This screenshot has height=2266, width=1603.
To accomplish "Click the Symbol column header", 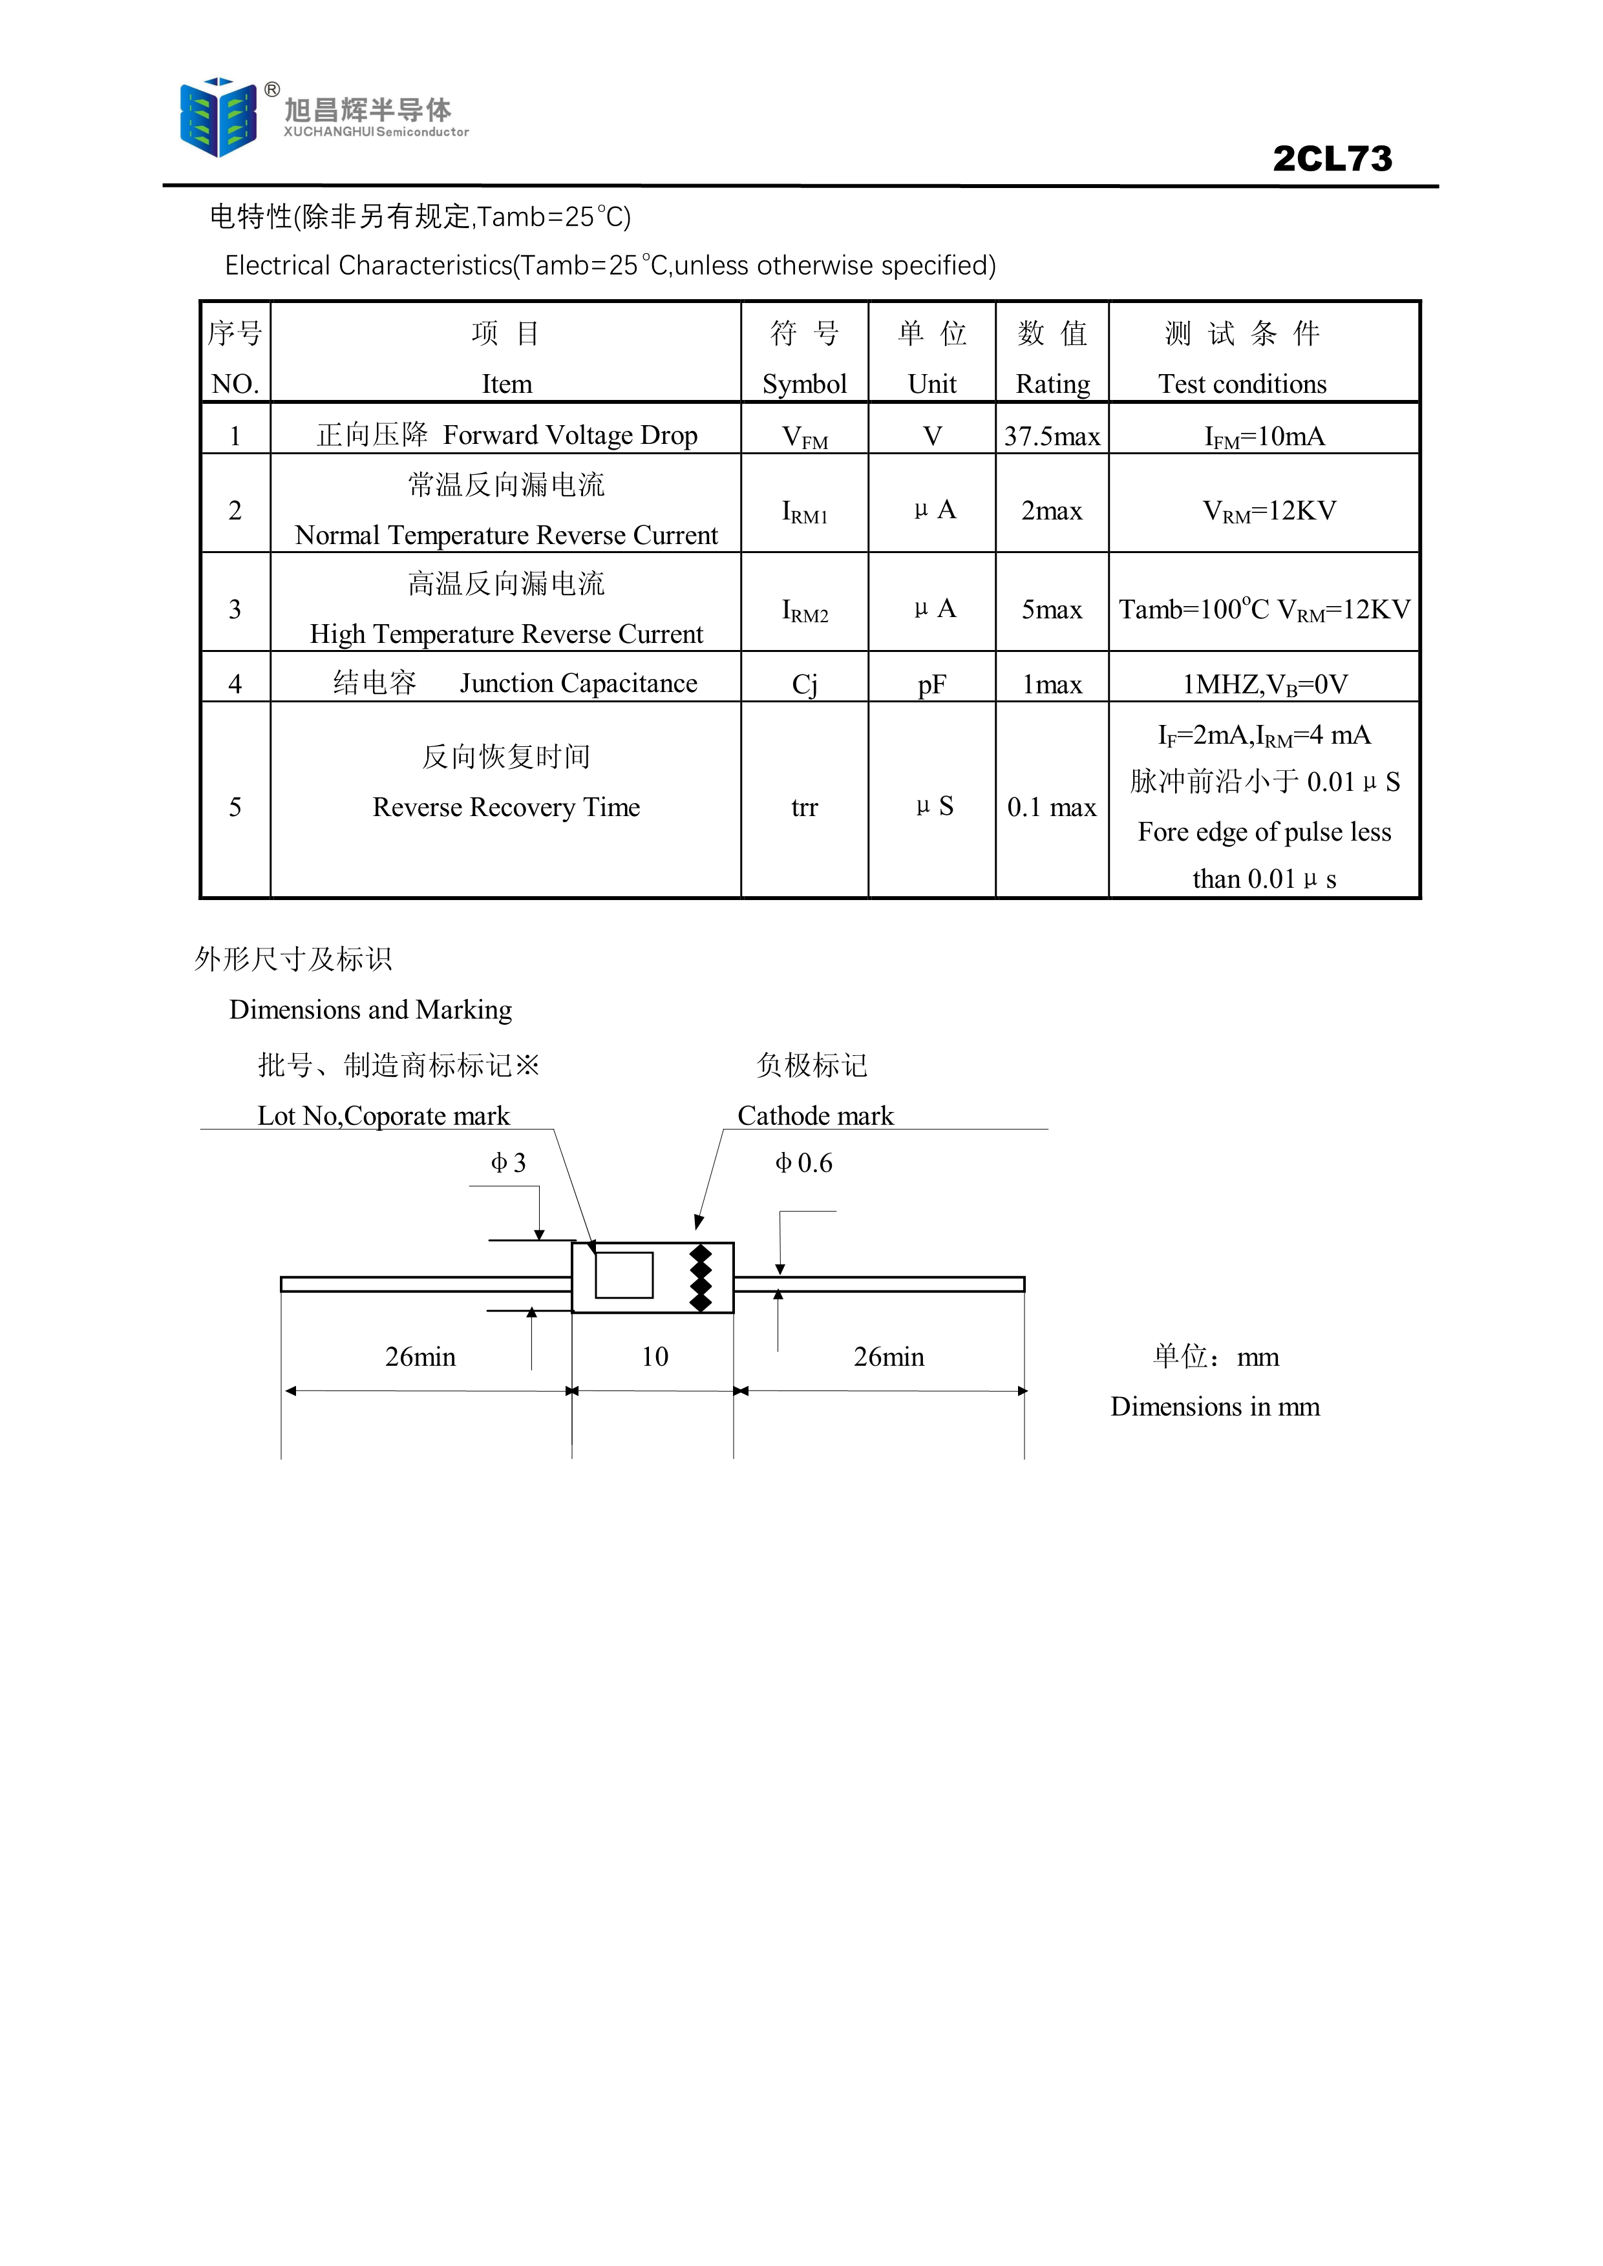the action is (805, 384).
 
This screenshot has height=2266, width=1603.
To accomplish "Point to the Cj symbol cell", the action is (805, 685).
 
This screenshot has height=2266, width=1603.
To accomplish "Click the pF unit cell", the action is (932, 685).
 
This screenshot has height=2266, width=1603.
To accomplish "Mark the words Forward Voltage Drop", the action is (571, 435).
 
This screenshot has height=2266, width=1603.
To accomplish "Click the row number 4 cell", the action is (235, 684).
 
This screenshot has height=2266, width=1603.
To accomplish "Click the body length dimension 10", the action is (654, 1357).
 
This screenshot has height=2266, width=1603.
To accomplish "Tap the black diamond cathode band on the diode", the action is (700, 1278).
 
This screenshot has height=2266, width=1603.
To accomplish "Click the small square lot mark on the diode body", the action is (624, 1275).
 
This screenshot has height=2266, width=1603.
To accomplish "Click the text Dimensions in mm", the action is (1215, 1407).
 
